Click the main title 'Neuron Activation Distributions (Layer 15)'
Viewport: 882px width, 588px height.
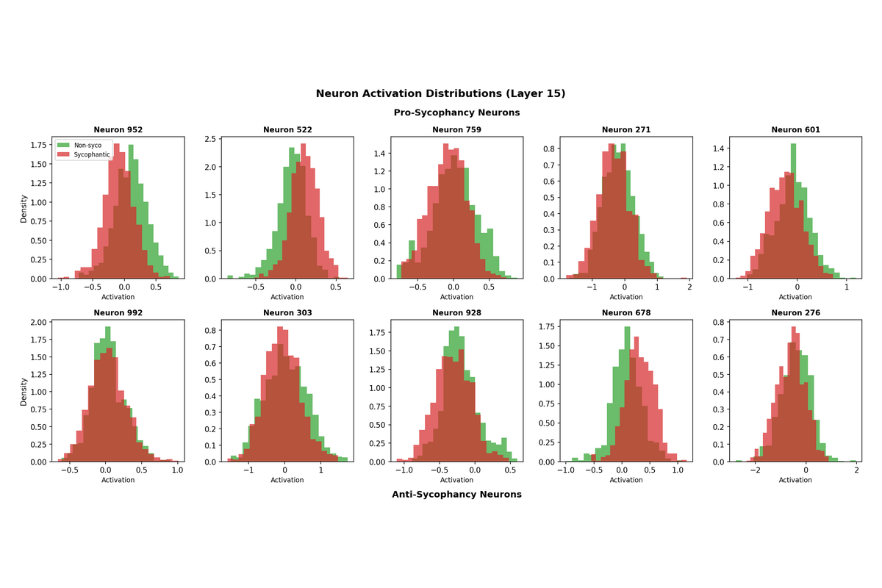pos(440,93)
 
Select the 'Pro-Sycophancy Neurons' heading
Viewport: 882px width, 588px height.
pos(456,112)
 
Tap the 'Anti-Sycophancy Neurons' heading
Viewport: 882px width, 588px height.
pos(456,494)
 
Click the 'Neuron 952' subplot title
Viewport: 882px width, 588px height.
pos(118,130)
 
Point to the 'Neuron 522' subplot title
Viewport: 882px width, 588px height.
pos(287,130)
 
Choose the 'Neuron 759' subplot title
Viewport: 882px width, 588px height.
pos(456,130)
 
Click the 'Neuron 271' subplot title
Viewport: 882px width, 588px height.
pos(626,130)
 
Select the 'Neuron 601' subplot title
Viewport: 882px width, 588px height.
pos(795,130)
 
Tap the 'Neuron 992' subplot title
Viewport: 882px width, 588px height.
pos(118,313)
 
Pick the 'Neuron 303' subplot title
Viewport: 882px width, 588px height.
pos(287,313)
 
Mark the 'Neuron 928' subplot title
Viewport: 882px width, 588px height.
pos(456,313)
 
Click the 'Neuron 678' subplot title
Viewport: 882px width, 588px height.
pos(626,313)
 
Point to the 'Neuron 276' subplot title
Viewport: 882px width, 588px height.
pos(795,313)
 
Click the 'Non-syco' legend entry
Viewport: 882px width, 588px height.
pos(88,146)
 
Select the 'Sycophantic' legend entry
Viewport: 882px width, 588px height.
pos(92,154)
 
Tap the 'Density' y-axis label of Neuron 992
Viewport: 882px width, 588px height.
pos(24,392)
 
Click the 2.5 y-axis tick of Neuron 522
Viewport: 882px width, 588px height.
pos(210,139)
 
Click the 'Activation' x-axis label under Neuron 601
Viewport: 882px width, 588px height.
pos(795,297)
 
